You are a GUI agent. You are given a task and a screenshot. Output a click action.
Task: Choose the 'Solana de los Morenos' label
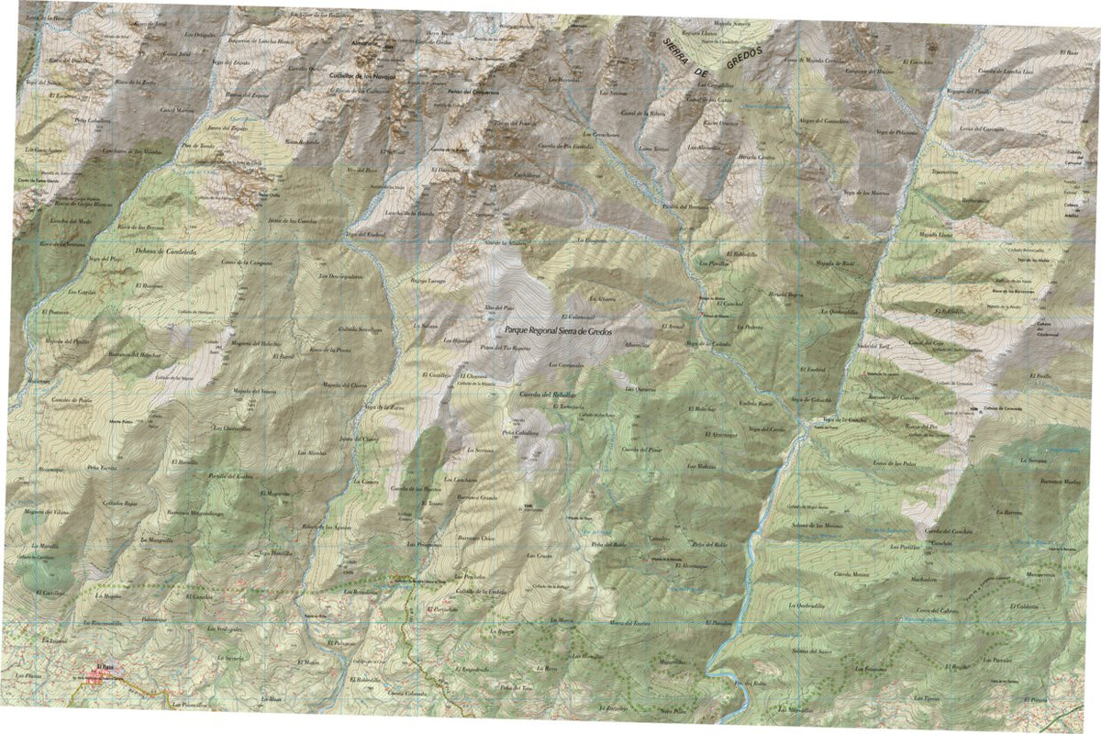817,525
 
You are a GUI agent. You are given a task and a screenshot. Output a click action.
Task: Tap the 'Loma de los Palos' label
897,465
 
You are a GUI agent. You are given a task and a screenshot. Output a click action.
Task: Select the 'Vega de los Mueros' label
866,193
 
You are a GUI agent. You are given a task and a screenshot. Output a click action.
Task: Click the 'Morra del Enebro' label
630,624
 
